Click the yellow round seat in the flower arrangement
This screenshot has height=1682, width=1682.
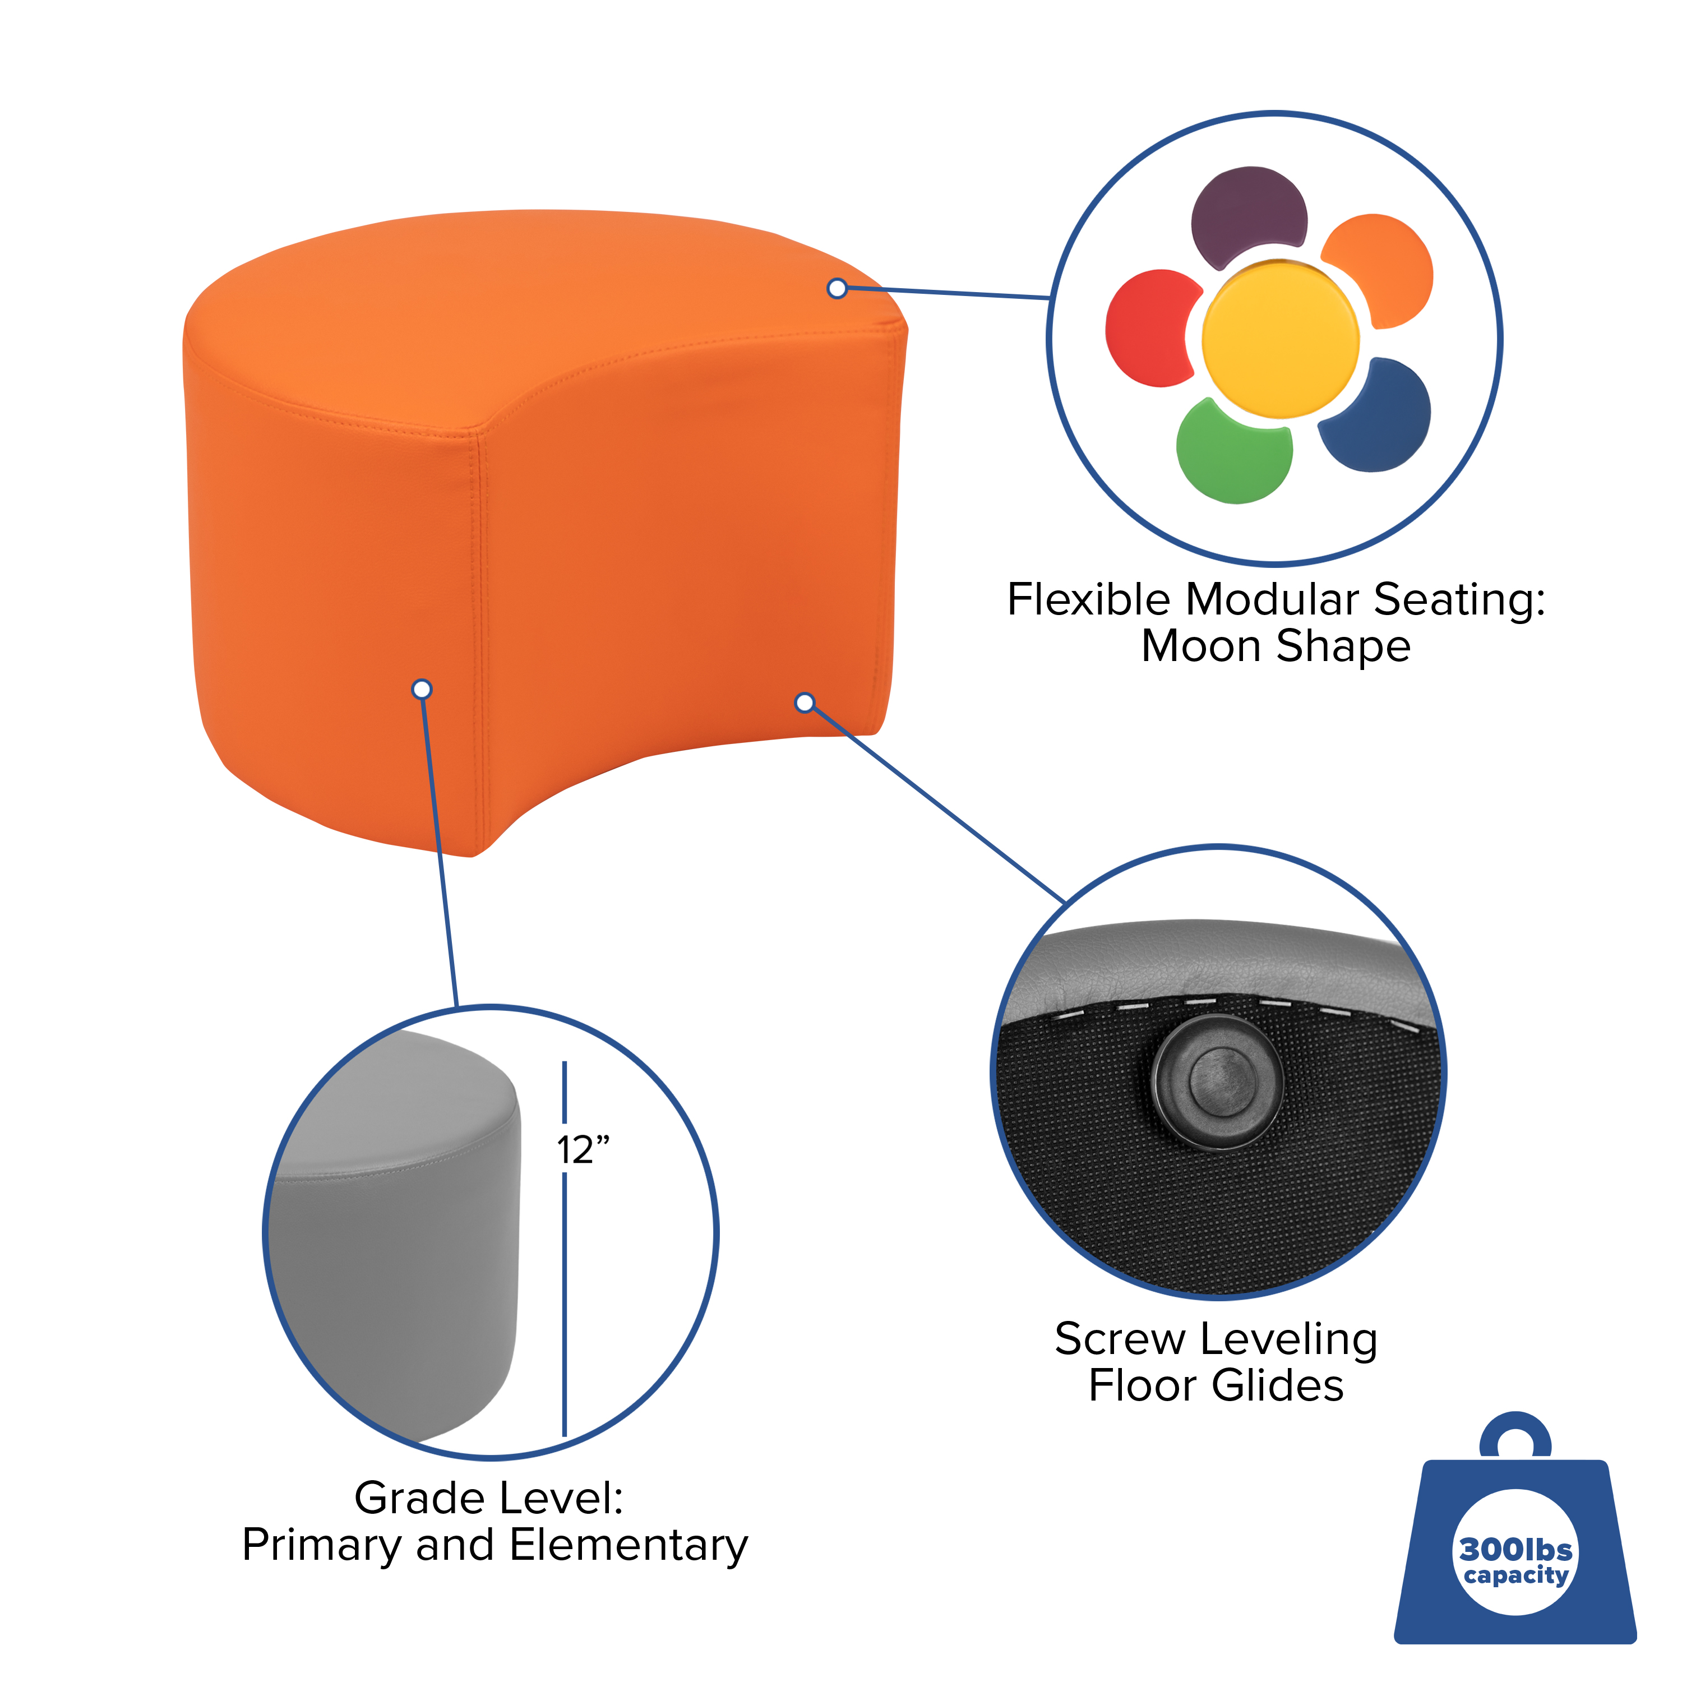(1280, 340)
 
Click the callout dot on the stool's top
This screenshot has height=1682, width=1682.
(837, 288)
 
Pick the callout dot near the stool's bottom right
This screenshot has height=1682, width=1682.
(805, 703)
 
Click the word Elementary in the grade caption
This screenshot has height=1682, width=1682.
(629, 1545)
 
